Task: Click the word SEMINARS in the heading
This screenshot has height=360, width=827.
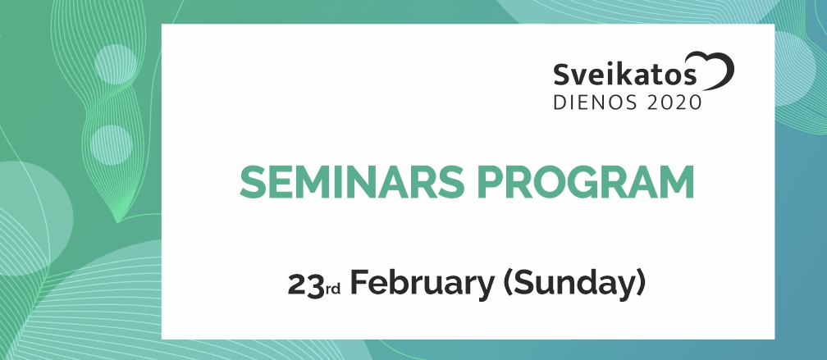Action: pos(352,182)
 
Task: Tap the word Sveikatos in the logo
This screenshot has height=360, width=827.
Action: pos(624,75)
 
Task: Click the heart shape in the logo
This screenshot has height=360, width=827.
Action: pos(713,70)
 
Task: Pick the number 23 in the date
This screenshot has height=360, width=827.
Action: pos(305,285)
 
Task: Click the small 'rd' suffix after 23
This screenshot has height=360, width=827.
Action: pos(332,289)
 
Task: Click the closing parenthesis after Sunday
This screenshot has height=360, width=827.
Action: pos(640,285)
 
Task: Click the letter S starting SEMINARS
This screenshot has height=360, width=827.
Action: pos(252,182)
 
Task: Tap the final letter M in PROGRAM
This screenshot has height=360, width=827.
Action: pos(676,182)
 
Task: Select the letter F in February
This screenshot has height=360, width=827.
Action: pos(359,283)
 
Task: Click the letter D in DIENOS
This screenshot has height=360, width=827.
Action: pos(560,103)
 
